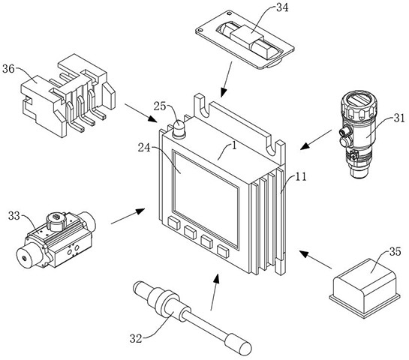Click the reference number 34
click(x=282, y=7)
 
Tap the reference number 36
click(x=8, y=69)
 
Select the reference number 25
click(x=160, y=106)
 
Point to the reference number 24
click(x=144, y=148)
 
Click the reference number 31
click(x=399, y=118)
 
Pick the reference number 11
click(x=300, y=177)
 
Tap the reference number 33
click(x=14, y=215)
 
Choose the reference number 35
click(x=395, y=251)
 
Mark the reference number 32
click(x=136, y=338)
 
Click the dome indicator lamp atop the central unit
click(x=179, y=129)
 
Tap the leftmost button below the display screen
click(x=174, y=223)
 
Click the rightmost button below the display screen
click(x=223, y=251)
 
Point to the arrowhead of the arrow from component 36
click(x=152, y=118)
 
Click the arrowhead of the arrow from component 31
click(x=305, y=145)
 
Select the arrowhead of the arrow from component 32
click(x=216, y=279)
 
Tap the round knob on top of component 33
click(x=56, y=221)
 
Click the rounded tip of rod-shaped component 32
click(x=245, y=348)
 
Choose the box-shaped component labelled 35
click(x=365, y=288)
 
